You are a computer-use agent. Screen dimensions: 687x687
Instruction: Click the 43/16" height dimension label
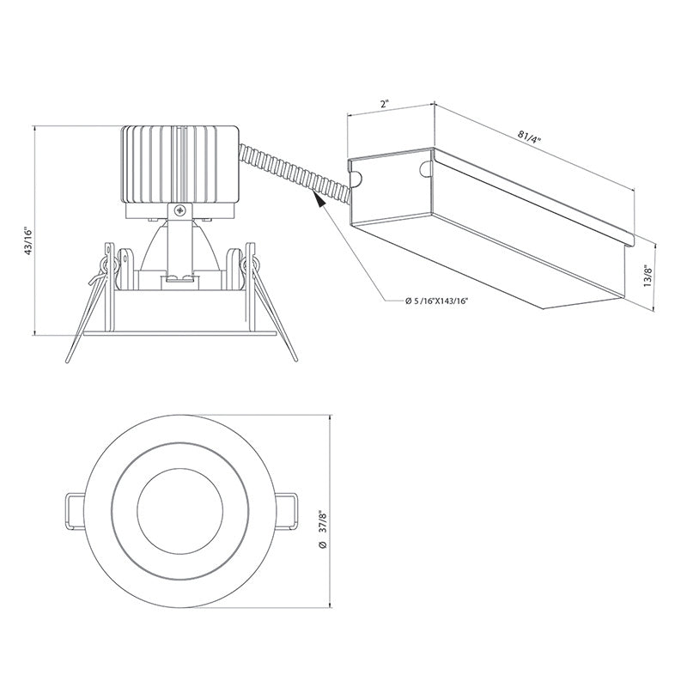click(x=28, y=242)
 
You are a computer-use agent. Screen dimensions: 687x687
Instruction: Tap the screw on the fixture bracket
click(x=179, y=210)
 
